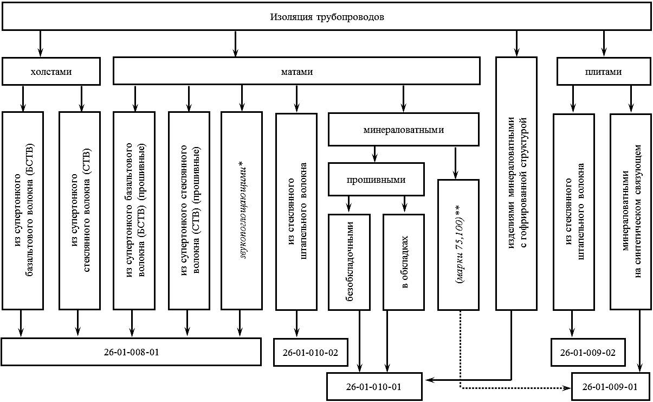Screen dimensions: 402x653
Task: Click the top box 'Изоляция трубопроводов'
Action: pyautogui.click(x=327, y=17)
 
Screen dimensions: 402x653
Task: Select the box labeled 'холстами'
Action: pyautogui.click(x=51, y=72)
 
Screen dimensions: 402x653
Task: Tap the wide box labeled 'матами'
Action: pyautogui.click(x=296, y=72)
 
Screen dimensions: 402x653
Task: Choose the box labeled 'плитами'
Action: pyautogui.click(x=603, y=72)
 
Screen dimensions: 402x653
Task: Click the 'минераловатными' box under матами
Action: pyautogui.click(x=404, y=130)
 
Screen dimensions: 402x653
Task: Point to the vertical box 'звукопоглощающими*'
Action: pyautogui.click(x=241, y=210)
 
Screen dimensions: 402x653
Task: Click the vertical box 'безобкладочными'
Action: pyautogui.click(x=350, y=261)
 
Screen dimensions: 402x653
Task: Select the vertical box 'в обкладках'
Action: pyautogui.click(x=404, y=261)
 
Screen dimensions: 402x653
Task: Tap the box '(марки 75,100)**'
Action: pyautogui.click(x=459, y=244)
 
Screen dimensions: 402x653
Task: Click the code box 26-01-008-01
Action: pyautogui.click(x=132, y=352)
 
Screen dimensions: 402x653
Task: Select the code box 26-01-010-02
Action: pyautogui.click(x=311, y=352)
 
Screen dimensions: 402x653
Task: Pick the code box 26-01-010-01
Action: pyautogui.click(x=374, y=387)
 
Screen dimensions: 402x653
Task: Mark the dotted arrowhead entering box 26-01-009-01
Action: pyautogui.click(x=567, y=388)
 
